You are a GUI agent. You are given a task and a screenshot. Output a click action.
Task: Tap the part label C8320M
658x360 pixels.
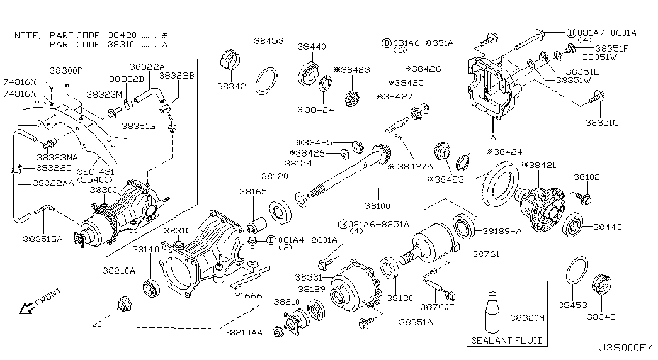528,318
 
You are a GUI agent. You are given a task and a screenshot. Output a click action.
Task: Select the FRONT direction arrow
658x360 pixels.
26,308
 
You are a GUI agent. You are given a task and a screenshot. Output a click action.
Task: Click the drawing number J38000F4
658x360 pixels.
626,348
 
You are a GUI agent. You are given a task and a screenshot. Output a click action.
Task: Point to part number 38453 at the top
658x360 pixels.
269,41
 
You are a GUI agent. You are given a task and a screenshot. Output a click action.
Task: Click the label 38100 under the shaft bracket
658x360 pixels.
377,206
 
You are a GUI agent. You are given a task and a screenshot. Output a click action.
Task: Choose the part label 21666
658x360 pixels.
248,295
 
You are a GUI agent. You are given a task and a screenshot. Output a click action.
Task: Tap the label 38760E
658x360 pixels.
437,307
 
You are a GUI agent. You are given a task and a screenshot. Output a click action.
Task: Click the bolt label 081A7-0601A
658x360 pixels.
607,32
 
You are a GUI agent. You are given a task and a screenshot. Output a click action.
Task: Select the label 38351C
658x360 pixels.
602,123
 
